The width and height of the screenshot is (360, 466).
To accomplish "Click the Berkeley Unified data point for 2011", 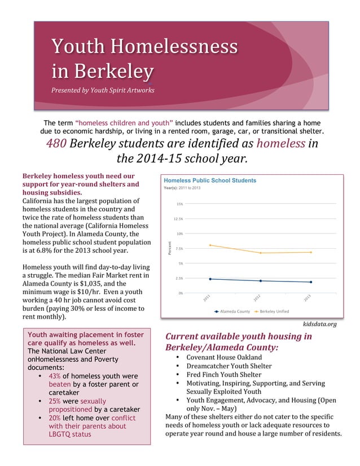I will coord(210,245).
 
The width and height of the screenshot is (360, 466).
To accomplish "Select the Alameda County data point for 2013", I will coord(311,282).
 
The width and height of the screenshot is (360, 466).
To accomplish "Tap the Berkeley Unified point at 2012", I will coord(261,253).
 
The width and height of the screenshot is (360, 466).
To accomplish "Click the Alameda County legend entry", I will coord(232,311).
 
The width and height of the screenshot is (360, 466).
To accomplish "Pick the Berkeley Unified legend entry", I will coord(273,311).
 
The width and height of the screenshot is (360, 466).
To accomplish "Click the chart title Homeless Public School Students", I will coord(210,181).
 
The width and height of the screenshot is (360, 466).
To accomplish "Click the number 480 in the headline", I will coord(57,143).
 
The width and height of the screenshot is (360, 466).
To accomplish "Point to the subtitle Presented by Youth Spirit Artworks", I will coord(103,90).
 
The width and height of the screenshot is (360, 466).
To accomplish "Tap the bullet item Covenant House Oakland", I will coord(224,358).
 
